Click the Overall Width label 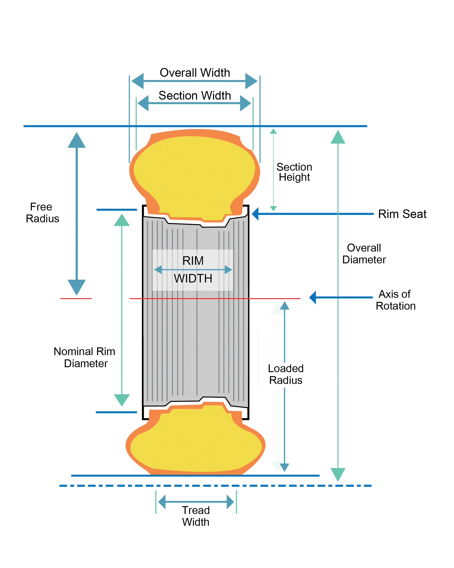[195, 73]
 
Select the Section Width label [195, 95]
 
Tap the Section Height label [294, 172]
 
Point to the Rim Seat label [402, 214]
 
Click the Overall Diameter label [364, 254]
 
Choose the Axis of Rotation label [396, 300]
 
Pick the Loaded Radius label [286, 374]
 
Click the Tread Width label [196, 516]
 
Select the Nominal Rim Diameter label [84, 358]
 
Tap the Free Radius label [42, 213]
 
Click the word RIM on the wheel [193, 261]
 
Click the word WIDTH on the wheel [193, 278]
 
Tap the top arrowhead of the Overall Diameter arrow [338, 137]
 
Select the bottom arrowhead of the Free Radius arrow [77, 287]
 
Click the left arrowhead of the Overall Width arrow [137, 81]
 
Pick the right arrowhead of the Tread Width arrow [230, 502]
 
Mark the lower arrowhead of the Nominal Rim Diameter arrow [122, 400]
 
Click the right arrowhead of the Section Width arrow [246, 103]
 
